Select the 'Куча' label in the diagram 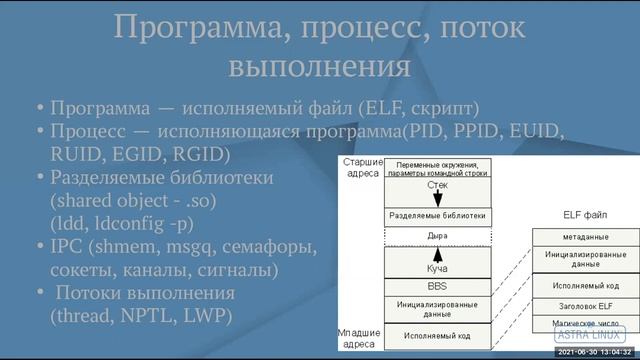pos(436,267)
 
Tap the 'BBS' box pos(436,285)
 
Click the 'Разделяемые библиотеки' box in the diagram pos(436,215)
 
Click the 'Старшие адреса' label pos(361,167)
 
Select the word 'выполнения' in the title pos(319,67)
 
